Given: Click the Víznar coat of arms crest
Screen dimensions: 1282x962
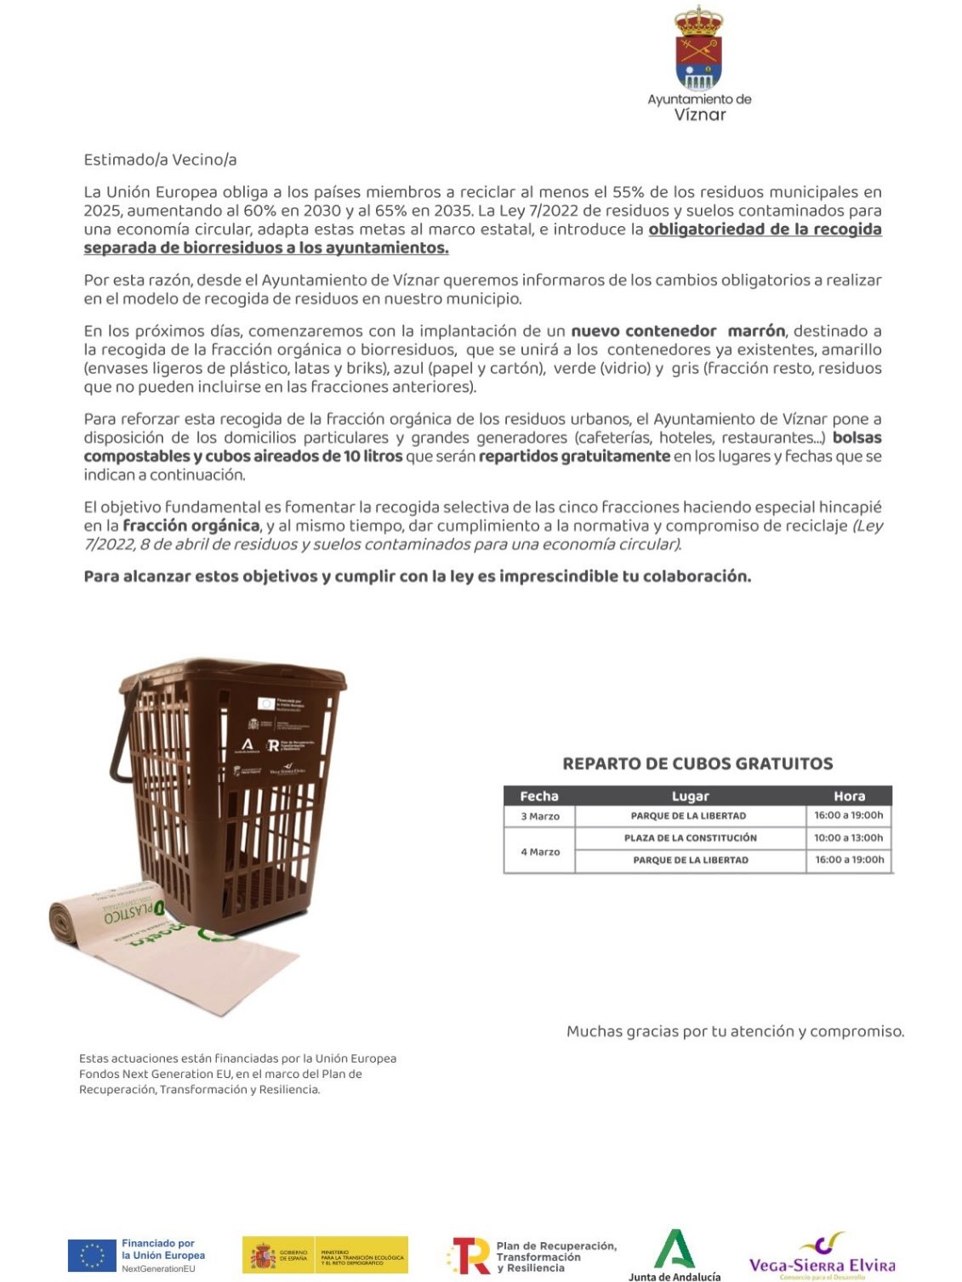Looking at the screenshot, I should (x=698, y=48).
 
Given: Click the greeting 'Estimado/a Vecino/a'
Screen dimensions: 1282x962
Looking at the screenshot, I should (x=160, y=160).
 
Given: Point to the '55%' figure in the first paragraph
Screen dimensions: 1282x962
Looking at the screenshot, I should (x=627, y=192).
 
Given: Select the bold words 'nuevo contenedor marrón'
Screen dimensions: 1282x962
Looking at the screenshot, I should (x=678, y=331).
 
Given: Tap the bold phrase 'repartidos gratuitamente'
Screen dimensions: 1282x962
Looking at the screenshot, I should (x=574, y=457).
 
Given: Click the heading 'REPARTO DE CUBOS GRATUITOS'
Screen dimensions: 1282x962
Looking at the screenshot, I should (x=697, y=763).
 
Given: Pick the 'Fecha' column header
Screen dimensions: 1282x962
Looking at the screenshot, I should (x=539, y=797).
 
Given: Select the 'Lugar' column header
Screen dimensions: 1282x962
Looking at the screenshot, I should (x=690, y=797).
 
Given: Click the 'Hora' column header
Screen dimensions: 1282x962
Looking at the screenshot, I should (x=849, y=797).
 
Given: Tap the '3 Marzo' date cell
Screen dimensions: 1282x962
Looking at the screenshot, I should (x=540, y=816).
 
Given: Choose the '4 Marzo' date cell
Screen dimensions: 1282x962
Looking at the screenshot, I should (x=540, y=852).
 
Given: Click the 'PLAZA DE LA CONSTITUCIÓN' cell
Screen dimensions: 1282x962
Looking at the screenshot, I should (x=690, y=838).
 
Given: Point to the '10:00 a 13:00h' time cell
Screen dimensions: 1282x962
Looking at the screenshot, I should (x=849, y=838).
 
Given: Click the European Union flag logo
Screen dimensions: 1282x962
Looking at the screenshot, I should (x=92, y=1256).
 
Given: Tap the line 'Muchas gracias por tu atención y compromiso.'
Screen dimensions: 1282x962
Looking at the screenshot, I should (x=735, y=1031).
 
